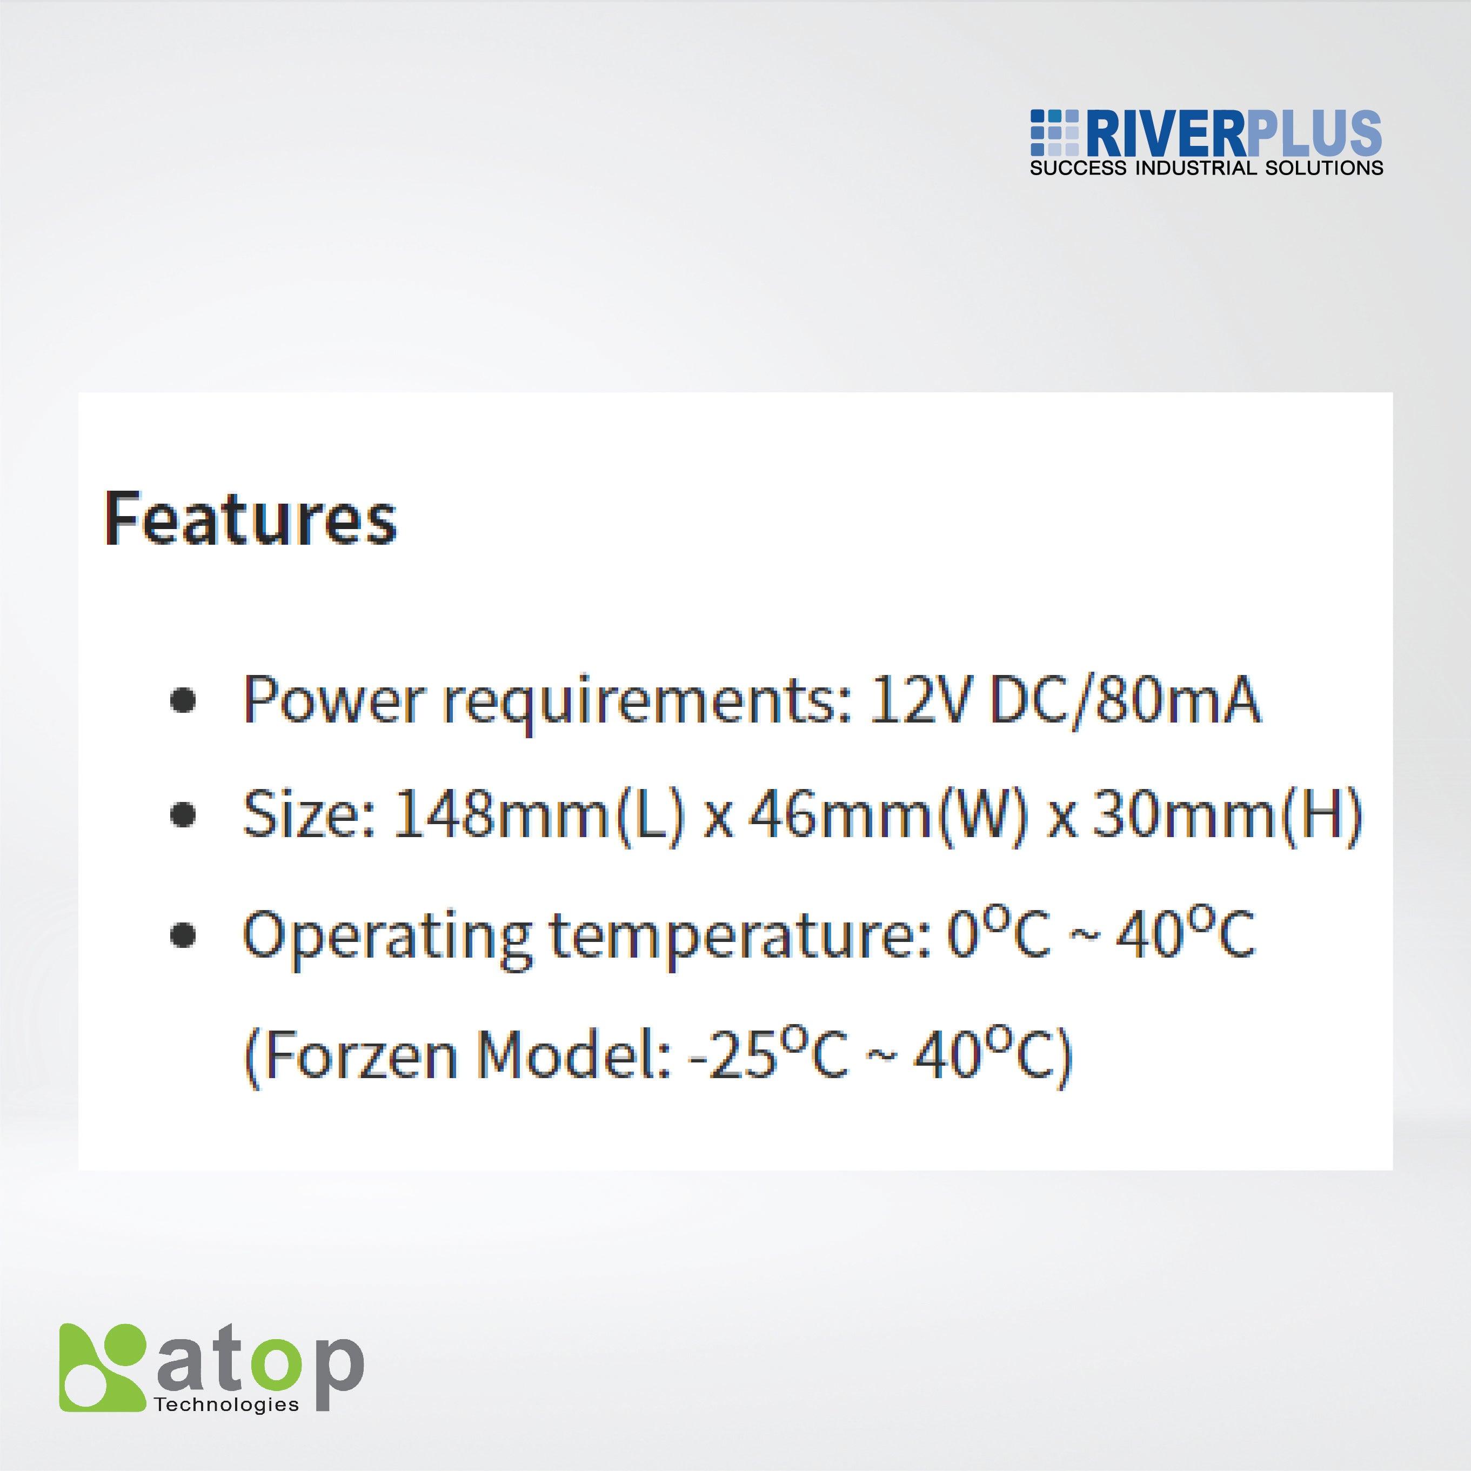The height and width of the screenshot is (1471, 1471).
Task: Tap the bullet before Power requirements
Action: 182,700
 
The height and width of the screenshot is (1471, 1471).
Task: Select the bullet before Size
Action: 182,815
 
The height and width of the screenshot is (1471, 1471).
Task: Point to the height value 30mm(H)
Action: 1225,815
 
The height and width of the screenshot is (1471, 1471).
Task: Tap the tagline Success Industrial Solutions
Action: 1206,168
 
